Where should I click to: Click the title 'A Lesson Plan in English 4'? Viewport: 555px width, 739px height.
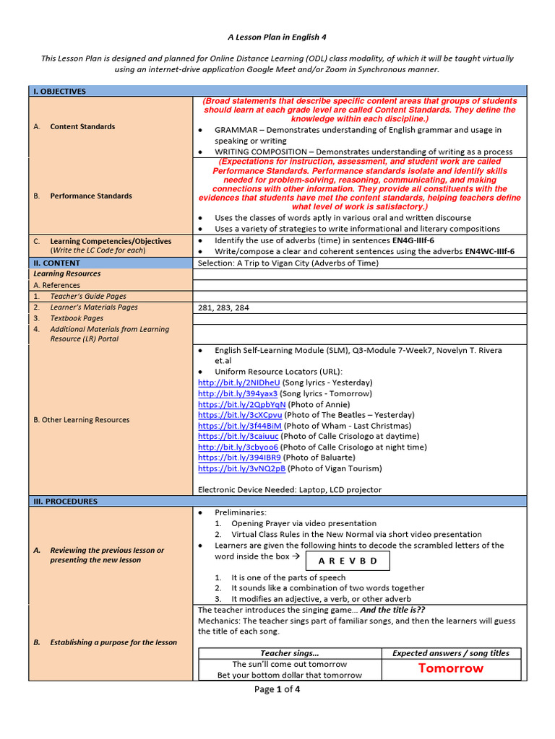pos(277,36)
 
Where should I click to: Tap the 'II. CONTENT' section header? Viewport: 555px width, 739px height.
pos(56,263)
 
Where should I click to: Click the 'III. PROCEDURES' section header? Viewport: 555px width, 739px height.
pos(66,501)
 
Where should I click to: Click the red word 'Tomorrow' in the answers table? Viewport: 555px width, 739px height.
pos(450,668)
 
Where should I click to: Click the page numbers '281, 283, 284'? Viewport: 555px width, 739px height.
pos(223,307)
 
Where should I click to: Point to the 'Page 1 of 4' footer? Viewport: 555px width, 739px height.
pos(277,689)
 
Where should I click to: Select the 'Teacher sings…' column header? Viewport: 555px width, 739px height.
pos(290,653)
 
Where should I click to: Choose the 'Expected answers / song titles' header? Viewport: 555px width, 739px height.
pos(450,653)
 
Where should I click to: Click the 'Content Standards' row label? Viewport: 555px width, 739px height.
pos(82,127)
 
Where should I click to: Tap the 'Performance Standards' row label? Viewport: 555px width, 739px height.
pos(91,196)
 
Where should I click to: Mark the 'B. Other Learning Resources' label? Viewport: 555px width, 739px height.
pos(82,420)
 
